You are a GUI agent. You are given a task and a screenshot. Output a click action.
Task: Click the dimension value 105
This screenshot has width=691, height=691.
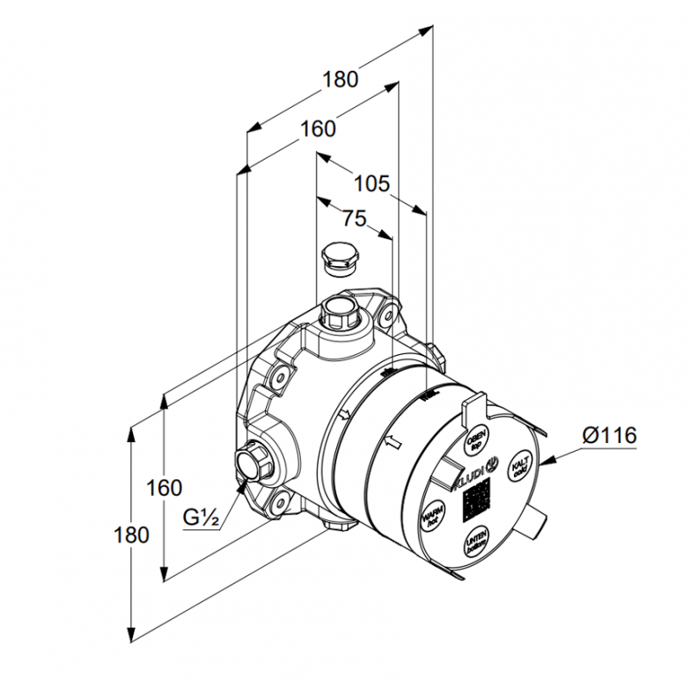coord(372,183)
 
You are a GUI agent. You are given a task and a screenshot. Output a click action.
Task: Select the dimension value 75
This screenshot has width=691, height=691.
coord(353,219)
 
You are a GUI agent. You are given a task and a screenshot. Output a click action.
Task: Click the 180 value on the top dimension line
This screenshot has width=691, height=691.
coord(340,79)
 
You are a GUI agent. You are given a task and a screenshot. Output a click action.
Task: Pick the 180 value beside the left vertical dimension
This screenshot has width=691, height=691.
coord(131,534)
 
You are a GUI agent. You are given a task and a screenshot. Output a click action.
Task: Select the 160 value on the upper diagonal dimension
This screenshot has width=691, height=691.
coord(318,130)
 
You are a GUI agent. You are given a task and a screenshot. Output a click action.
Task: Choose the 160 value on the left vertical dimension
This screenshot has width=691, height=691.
coord(164,488)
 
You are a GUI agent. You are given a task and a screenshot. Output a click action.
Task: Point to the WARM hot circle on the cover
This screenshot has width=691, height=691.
coord(432,517)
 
